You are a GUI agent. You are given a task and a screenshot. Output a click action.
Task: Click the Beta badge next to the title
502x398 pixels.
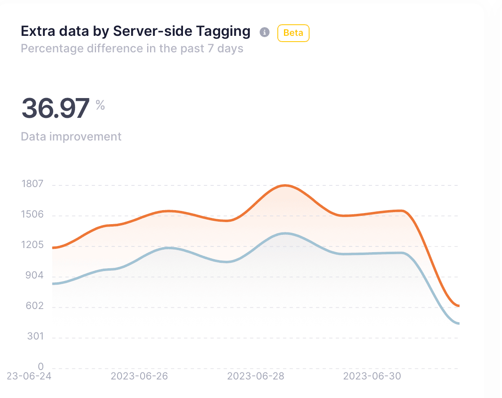point(293,33)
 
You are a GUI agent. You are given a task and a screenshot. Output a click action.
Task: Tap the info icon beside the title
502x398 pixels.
point(265,33)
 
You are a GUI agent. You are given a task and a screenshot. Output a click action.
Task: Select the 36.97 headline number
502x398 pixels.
point(55,108)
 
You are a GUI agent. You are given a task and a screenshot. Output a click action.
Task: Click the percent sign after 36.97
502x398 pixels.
point(100,105)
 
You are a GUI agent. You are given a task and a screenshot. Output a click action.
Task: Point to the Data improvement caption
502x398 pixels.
point(71,136)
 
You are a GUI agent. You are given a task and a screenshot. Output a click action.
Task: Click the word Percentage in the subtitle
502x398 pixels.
point(52,49)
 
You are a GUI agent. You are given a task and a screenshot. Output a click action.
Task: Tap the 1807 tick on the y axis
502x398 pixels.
point(32,184)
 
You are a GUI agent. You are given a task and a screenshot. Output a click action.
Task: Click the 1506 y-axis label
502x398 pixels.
point(32,214)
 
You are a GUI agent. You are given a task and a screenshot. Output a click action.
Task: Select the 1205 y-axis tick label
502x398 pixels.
point(32,245)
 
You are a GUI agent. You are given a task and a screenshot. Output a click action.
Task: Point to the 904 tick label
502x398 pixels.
point(34,276)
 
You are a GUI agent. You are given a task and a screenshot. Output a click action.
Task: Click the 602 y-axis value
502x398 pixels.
point(35,306)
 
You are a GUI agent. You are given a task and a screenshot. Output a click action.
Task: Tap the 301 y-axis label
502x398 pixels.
point(35,337)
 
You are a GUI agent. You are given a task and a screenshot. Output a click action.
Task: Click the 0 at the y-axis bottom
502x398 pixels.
point(40,367)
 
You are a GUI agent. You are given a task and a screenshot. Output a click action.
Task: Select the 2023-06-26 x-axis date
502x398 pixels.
point(139,376)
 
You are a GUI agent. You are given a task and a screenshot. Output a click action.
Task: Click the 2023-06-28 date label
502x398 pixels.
point(256,376)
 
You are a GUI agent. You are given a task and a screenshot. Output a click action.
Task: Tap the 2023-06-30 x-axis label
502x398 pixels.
point(372,376)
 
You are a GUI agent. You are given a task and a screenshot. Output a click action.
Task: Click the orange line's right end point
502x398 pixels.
point(458,306)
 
